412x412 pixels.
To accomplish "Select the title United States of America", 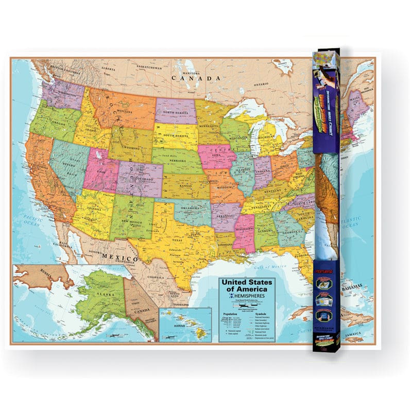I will coord(246,286).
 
